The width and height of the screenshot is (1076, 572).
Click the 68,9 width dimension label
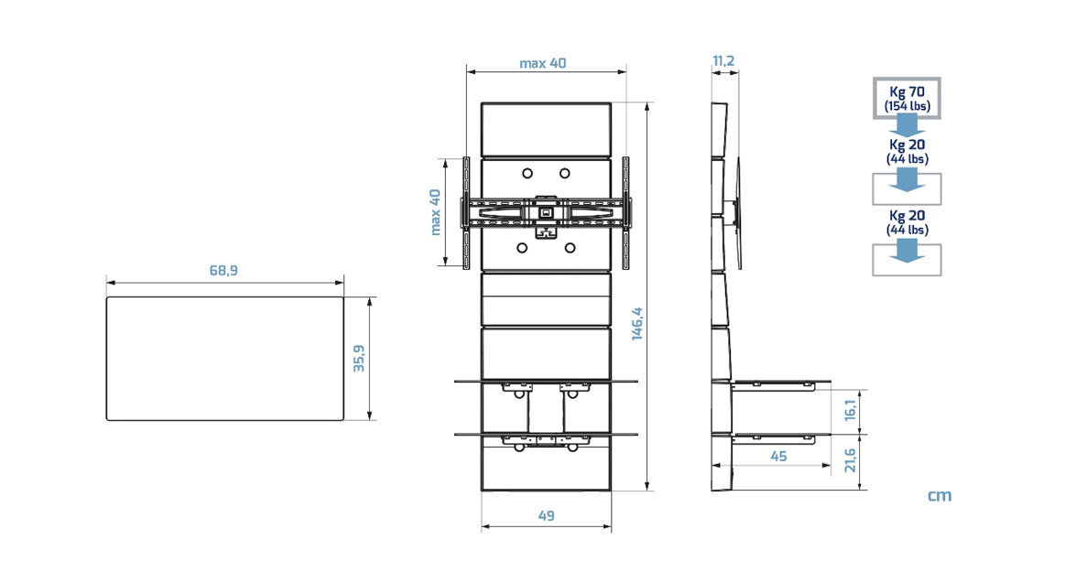[x=223, y=271]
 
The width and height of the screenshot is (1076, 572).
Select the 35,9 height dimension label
[x=359, y=358]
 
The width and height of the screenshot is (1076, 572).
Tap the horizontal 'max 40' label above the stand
[x=543, y=63]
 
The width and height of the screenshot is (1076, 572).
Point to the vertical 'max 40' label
[x=435, y=212]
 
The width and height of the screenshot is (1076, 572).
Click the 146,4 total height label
[x=636, y=324]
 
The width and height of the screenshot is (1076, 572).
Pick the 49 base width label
[x=546, y=516]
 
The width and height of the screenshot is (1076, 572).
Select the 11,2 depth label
[x=723, y=61]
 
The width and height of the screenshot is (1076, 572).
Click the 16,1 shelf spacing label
[x=851, y=410]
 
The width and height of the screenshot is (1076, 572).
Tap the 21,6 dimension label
[x=850, y=460]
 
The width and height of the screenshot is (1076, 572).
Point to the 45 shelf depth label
[x=778, y=456]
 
